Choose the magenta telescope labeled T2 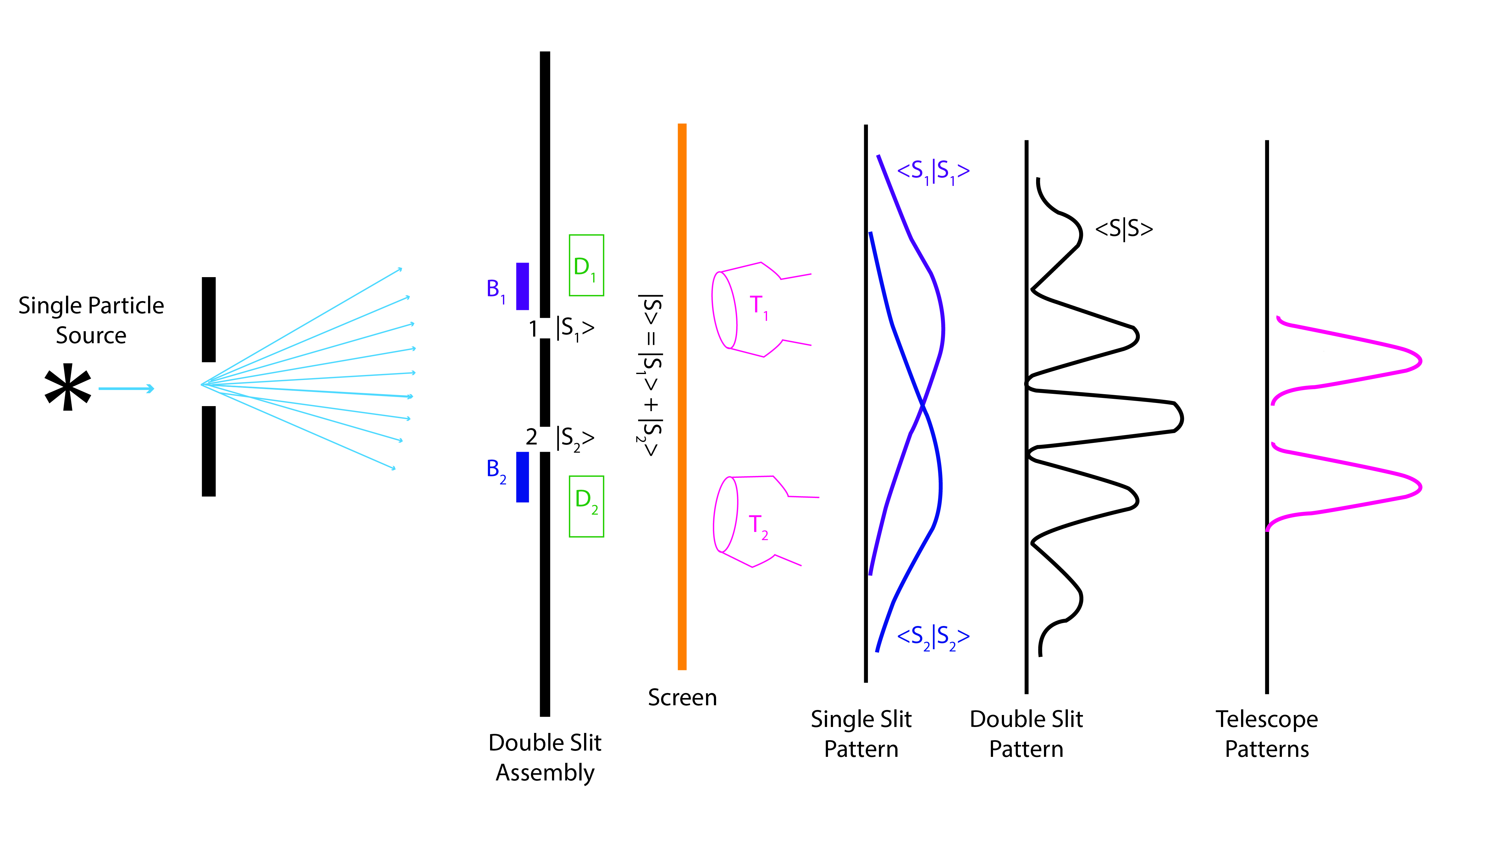point(754,522)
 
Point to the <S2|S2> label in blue point(933,637)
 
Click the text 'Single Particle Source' point(91,320)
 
